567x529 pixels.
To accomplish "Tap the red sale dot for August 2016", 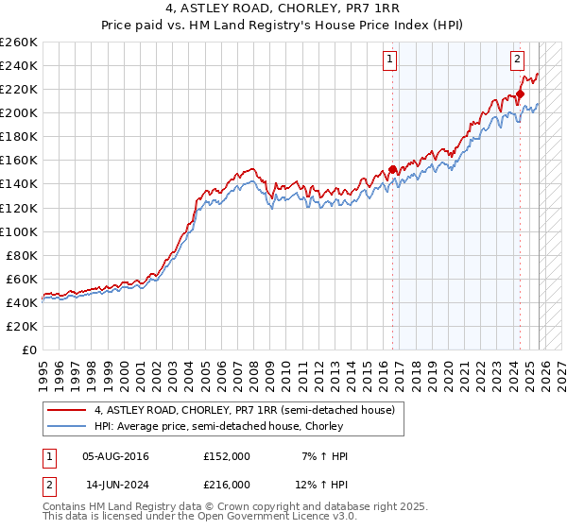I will [393, 170].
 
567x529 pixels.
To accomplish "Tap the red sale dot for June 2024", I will [521, 94].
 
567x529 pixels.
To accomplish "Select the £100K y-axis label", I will [19, 231].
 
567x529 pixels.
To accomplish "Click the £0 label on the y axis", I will [30, 350].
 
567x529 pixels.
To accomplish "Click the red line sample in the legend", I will [67, 409].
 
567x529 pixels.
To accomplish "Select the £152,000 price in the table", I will [227, 456].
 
